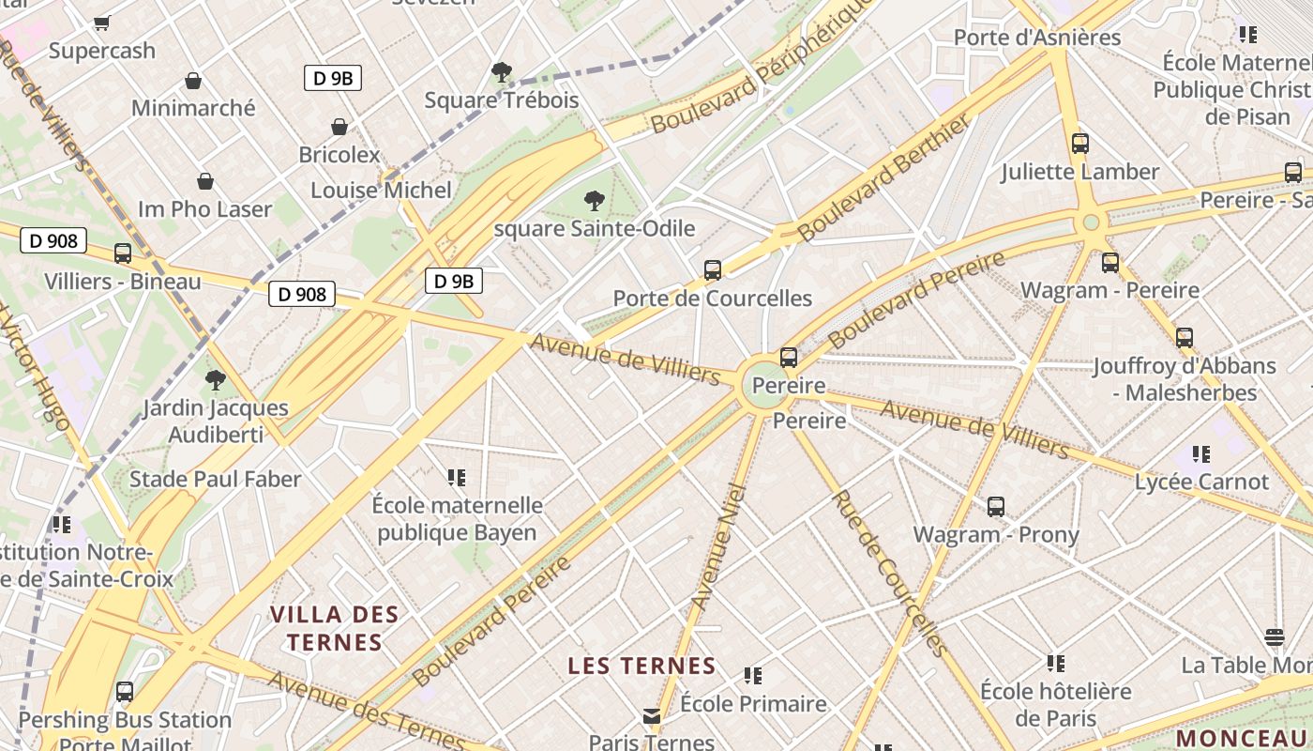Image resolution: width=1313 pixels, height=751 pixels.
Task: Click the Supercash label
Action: pyautogui.click(x=102, y=51)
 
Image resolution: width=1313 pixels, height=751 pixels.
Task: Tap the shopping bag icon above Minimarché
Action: pyautogui.click(x=193, y=81)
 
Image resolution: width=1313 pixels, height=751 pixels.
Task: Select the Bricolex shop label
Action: pyautogui.click(x=340, y=155)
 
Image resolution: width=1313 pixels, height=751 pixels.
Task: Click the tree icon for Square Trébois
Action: pyautogui.click(x=502, y=71)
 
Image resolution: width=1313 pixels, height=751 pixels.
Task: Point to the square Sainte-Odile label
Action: pyautogui.click(x=595, y=228)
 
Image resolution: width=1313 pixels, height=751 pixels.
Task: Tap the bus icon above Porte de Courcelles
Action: pyautogui.click(x=713, y=270)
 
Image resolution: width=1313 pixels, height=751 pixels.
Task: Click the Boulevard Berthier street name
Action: pyautogui.click(x=883, y=178)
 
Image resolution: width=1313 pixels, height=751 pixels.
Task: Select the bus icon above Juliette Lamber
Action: pyautogui.click(x=1080, y=144)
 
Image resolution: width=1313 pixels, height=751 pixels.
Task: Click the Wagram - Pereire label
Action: pyautogui.click(x=1109, y=290)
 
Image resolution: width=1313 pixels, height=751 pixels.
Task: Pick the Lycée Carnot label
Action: pyautogui.click(x=1201, y=483)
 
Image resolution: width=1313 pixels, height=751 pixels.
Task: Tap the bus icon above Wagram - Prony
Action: pyautogui.click(x=996, y=507)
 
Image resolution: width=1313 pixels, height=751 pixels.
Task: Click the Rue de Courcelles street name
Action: pyautogui.click(x=887, y=572)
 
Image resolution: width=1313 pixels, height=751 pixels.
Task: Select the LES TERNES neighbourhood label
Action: pyautogui.click(x=642, y=667)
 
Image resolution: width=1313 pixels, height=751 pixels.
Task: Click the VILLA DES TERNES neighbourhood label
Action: pyautogui.click(x=335, y=629)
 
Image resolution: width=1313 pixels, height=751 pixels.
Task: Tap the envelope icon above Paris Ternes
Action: pyautogui.click(x=652, y=716)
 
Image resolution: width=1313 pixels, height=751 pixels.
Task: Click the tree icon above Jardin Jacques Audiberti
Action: pyautogui.click(x=216, y=380)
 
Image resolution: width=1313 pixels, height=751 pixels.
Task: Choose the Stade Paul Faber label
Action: pyautogui.click(x=216, y=480)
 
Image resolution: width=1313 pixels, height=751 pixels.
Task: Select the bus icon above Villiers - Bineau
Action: pyautogui.click(x=123, y=253)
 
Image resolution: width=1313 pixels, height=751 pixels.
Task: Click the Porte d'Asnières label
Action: pyautogui.click(x=1037, y=38)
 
